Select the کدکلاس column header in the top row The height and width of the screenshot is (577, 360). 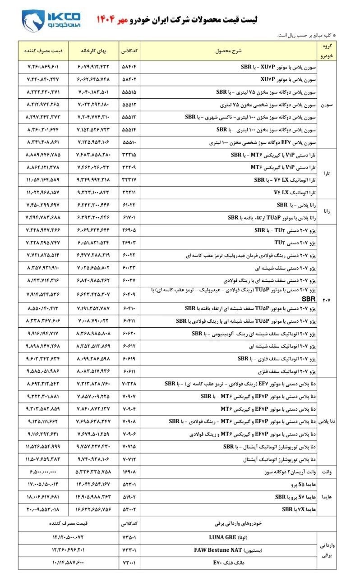pos(129,51)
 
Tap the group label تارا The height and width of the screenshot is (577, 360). pos(328,173)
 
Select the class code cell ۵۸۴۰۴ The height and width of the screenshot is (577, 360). pos(129,67)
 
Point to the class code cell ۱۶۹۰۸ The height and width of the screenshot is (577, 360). pos(129,472)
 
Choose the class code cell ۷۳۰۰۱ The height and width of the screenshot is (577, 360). pos(129,563)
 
